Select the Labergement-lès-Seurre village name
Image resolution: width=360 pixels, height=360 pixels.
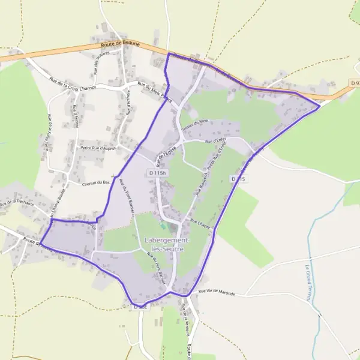166,244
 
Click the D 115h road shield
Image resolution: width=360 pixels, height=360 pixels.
156,173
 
